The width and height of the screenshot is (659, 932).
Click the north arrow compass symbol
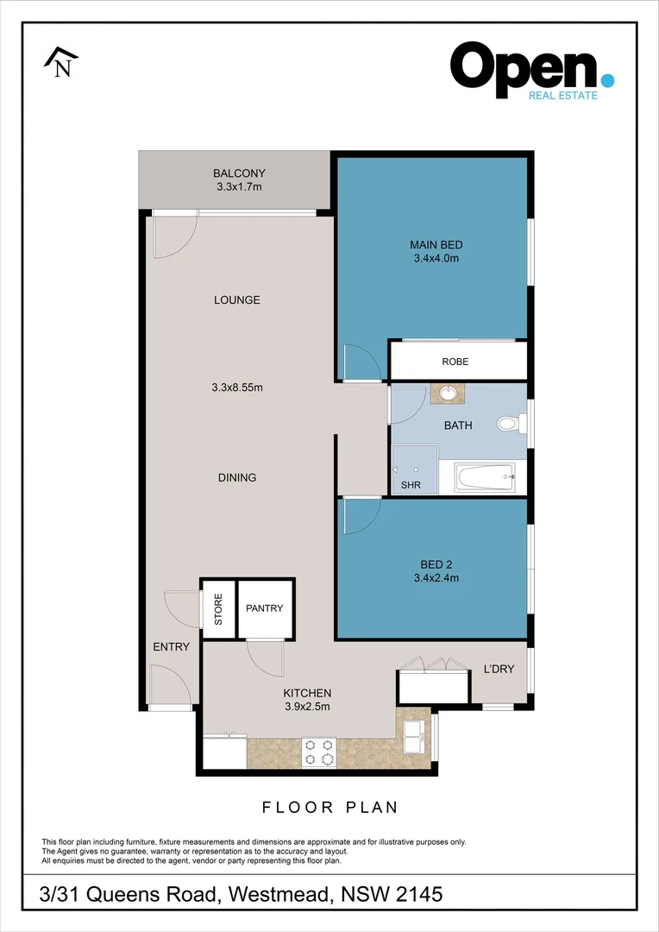[61, 64]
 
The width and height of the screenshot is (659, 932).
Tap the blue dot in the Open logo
[607, 80]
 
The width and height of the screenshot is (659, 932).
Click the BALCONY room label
[239, 173]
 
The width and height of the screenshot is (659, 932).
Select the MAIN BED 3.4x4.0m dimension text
[436, 257]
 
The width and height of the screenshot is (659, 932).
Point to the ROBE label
[455, 362]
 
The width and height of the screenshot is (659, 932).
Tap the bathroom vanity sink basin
[449, 394]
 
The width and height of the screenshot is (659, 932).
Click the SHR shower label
[411, 485]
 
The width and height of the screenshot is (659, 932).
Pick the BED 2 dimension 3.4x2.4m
[436, 578]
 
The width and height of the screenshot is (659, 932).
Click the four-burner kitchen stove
[319, 752]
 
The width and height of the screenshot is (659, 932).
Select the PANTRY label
[264, 608]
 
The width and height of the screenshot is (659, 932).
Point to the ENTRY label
[171, 647]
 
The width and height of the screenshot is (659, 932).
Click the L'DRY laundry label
[499, 670]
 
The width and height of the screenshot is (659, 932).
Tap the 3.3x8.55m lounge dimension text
[236, 387]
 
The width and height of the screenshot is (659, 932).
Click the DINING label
[236, 477]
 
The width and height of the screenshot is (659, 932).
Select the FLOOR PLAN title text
[329, 808]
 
